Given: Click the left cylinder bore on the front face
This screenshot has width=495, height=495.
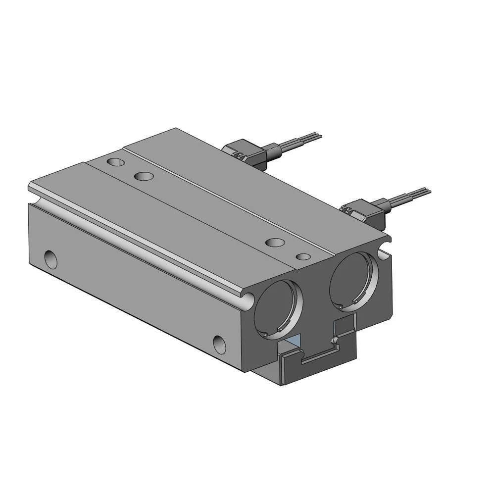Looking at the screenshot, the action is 277,308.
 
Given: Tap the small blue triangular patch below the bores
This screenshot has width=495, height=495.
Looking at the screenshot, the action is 295,340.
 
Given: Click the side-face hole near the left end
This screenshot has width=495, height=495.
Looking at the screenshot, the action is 50,258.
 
